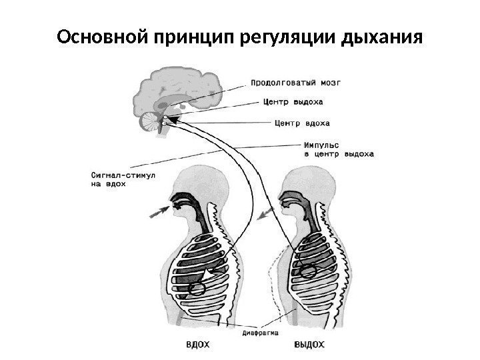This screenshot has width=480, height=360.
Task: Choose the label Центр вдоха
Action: click(302, 123)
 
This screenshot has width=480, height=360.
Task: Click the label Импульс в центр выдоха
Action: click(338, 148)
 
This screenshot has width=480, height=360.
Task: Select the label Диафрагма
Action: click(260, 331)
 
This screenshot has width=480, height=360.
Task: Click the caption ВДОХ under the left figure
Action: click(198, 345)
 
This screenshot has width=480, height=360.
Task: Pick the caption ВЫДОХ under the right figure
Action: click(309, 345)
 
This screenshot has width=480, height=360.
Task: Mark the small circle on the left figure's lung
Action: click(197, 289)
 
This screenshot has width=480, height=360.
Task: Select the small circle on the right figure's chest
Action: click(307, 271)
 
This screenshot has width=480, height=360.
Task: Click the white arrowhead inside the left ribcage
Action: click(213, 274)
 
